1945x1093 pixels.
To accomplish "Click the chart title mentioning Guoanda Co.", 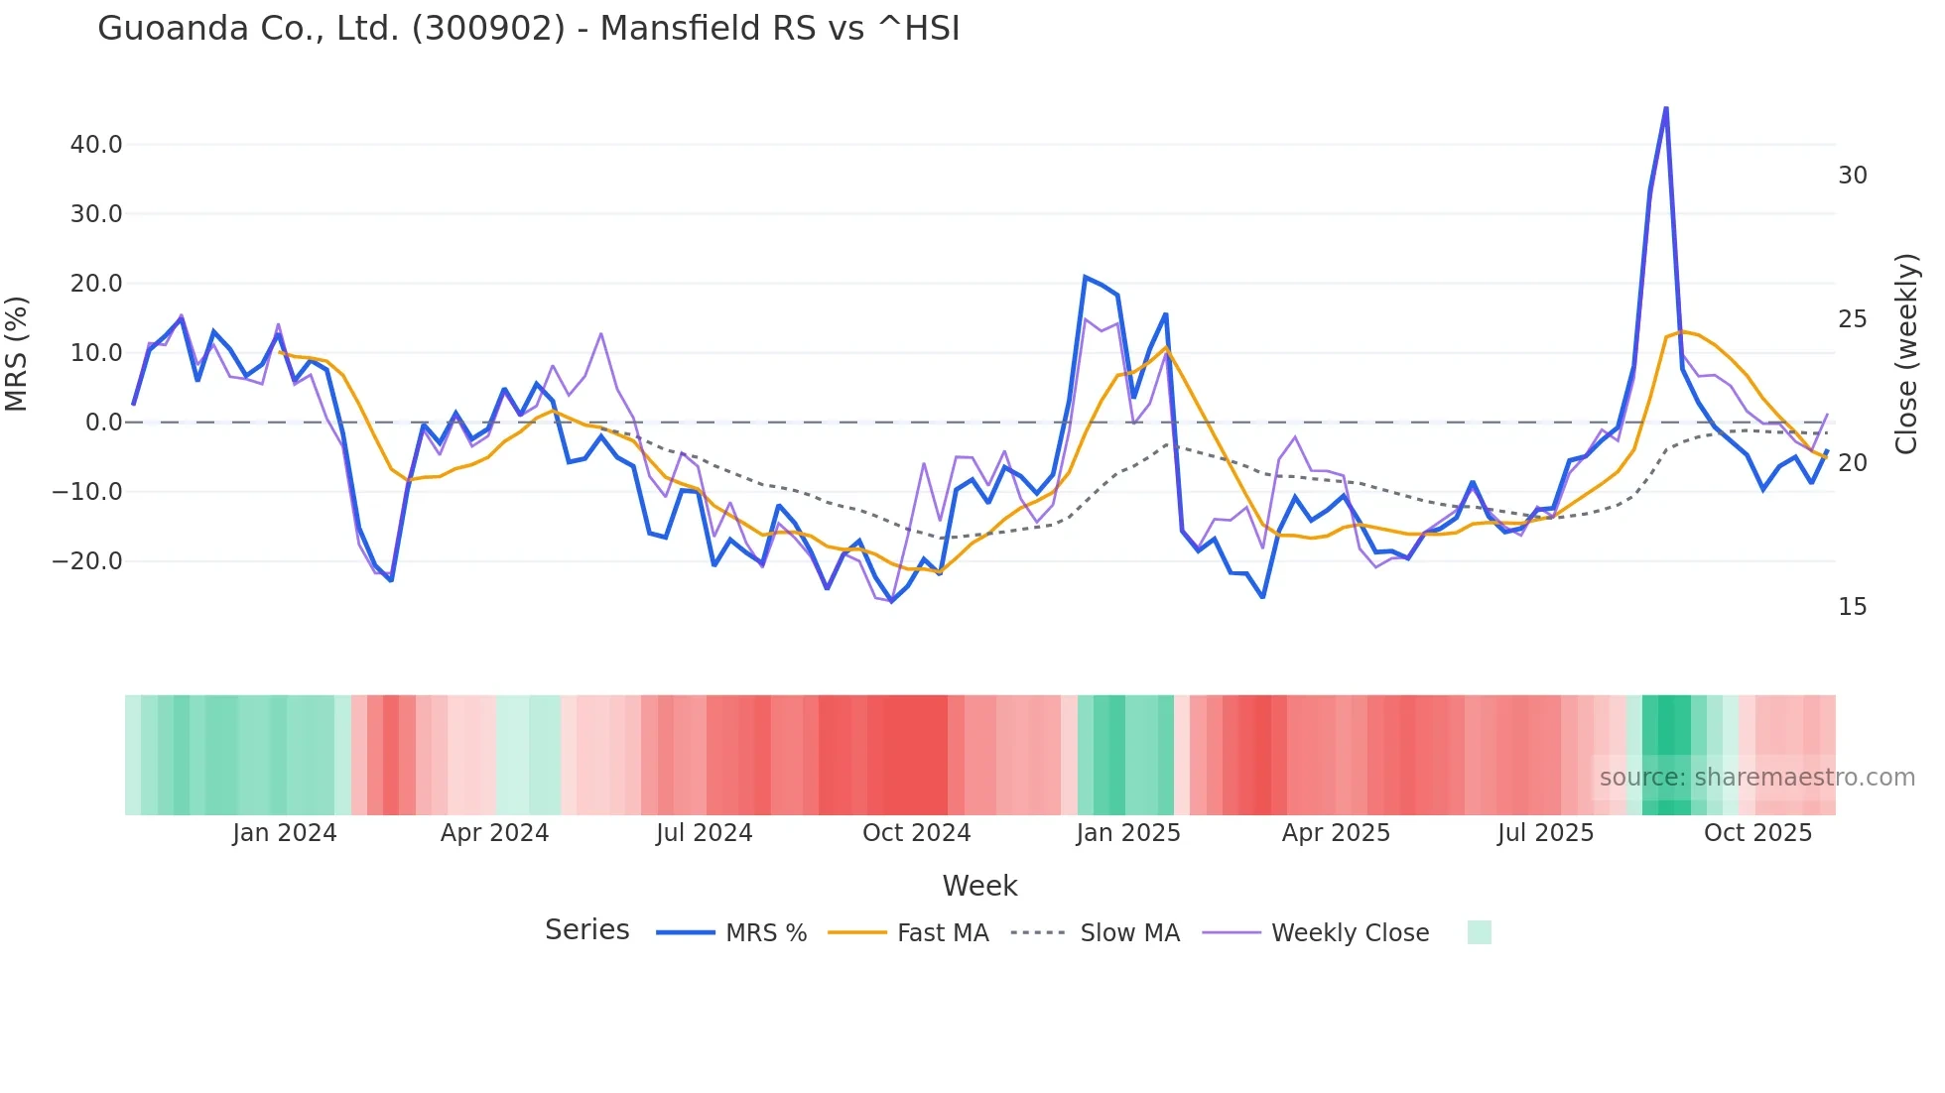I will [528, 29].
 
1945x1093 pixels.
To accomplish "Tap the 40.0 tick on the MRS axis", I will [96, 145].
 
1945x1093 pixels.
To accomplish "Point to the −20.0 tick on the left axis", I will [87, 561].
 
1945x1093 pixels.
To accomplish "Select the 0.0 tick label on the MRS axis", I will [103, 423].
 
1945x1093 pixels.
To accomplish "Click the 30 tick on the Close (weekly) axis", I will [1852, 176].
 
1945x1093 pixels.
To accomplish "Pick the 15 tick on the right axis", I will [1852, 607].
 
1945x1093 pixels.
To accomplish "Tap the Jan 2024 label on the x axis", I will [285, 833].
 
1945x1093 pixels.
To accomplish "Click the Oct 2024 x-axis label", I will [916, 833].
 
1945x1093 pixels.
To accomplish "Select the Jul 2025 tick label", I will [1545, 833].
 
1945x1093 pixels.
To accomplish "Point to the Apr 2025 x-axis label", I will [1336, 833].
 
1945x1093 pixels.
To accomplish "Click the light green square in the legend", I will [1479, 932].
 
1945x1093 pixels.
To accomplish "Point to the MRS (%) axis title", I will [17, 353].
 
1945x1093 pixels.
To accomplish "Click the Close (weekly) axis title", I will [1906, 353].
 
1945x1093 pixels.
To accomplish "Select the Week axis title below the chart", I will [979, 886].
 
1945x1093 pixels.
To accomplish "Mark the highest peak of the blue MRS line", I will [1665, 108].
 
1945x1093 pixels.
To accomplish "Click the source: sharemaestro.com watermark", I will [1756, 778].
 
